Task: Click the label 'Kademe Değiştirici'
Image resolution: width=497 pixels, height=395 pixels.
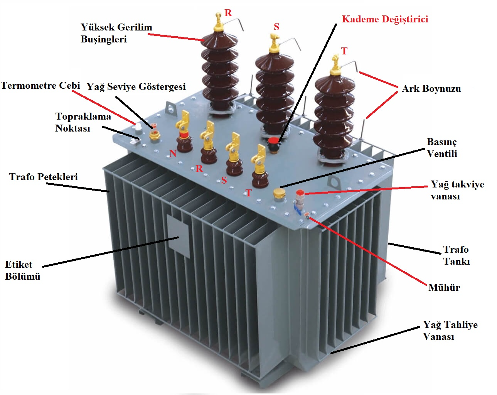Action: coord(385,19)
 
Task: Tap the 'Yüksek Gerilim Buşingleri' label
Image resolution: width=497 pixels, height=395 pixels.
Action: coord(116,33)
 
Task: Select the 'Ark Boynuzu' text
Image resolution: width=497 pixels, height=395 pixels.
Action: coord(431,89)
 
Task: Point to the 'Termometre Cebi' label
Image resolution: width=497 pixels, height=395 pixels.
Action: coord(40,86)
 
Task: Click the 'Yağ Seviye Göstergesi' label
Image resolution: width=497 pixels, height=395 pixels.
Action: coord(136,87)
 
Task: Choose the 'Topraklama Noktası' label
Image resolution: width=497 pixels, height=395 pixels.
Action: coord(83,122)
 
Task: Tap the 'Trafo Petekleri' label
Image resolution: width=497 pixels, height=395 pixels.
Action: coord(44,177)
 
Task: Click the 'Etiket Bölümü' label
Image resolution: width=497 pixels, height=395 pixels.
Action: coord(22,270)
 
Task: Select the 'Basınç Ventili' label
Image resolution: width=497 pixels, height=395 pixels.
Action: coord(442,148)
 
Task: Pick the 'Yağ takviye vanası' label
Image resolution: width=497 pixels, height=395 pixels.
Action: coord(457,190)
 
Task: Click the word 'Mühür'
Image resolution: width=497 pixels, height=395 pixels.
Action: coord(444,287)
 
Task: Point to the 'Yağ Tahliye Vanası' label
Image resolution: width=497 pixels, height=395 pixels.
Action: coord(450,331)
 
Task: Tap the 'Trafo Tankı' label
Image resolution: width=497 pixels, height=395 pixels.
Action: coord(456,255)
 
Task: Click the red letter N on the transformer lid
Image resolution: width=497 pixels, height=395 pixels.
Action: coord(173,154)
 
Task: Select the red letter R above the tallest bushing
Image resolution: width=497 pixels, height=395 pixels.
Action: coord(228,13)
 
